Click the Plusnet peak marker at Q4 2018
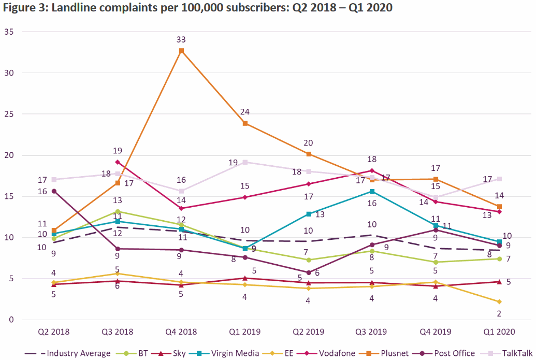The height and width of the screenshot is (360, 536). coord(181,51)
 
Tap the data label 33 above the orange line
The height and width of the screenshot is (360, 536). coord(181,39)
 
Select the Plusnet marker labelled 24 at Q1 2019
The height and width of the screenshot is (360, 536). coord(245,123)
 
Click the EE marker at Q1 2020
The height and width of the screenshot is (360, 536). coord(499,301)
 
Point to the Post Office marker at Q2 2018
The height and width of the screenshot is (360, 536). coord(54,191)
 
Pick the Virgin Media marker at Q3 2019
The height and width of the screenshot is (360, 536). coord(372,191)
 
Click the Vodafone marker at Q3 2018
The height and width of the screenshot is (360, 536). coord(118,162)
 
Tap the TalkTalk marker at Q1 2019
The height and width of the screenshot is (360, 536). coord(245,162)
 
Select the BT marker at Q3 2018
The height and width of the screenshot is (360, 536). coord(118,211)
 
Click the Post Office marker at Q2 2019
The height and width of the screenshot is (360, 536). coord(309,272)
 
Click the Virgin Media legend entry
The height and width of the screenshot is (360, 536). coord(234,353)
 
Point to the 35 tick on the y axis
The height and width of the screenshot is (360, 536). coord(9,32)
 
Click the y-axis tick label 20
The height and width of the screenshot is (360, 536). coord(9,155)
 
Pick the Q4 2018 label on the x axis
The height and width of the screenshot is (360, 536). coord(181,332)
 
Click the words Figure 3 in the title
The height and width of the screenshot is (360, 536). coord(22,8)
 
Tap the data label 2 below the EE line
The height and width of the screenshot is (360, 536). coord(499,313)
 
